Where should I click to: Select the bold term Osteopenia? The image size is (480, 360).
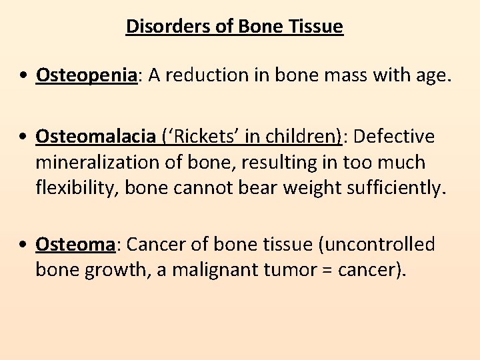(86, 76)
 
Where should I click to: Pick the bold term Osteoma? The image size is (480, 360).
(75, 245)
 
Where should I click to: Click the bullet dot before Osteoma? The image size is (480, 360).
(23, 245)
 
